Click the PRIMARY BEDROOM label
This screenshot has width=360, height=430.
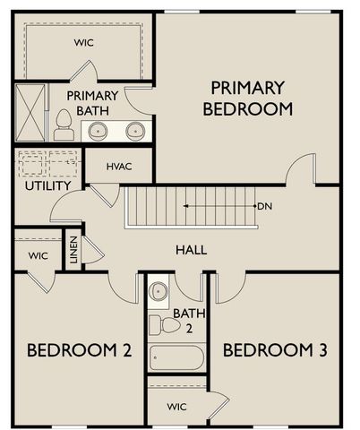pos(247,99)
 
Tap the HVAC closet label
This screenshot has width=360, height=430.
pos(119,167)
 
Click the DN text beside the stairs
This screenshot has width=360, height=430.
pos(264,207)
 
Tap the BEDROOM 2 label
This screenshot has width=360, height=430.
pos(79,349)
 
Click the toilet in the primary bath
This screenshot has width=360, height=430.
pos(64,125)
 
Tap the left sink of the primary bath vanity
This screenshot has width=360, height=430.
pos(98,130)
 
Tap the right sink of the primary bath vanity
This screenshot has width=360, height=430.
pos(135,130)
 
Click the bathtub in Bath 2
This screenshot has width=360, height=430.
pos(176,357)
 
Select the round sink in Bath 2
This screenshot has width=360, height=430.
pos(159,290)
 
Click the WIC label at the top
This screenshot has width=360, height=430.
pos(81,42)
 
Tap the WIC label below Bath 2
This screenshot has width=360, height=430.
pos(177,407)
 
